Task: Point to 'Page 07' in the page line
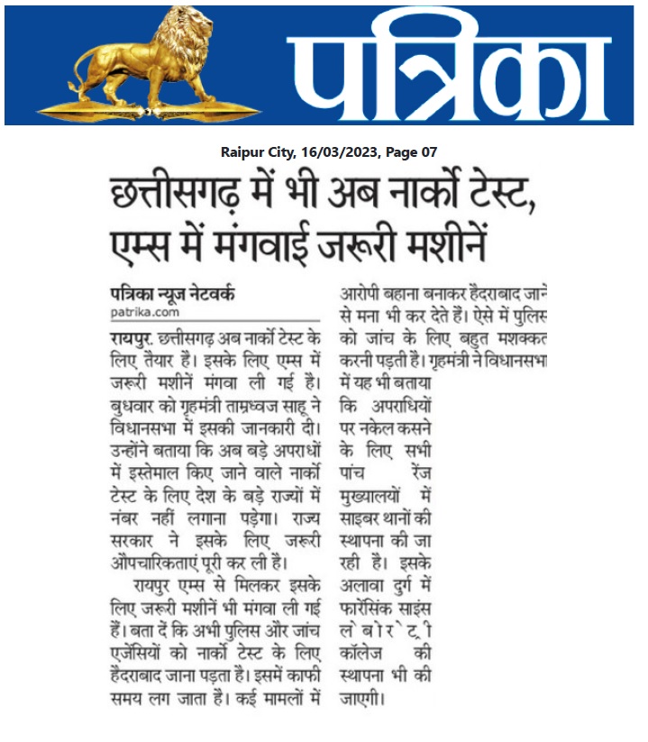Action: click(411, 152)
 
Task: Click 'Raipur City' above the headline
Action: click(257, 152)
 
